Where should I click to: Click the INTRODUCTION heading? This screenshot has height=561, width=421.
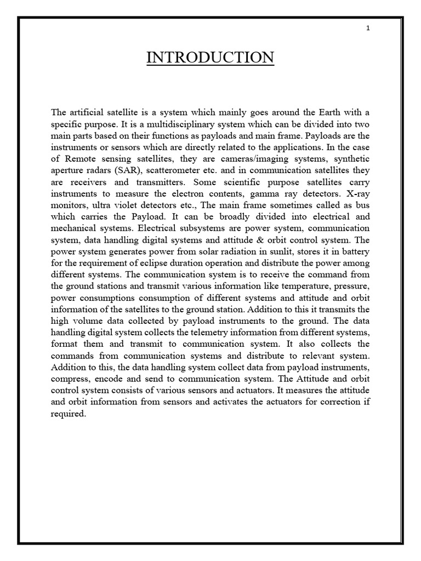pyautogui.click(x=210, y=58)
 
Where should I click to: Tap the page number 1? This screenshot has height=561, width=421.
pyautogui.click(x=368, y=28)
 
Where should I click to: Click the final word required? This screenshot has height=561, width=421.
pyautogui.click(x=69, y=413)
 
